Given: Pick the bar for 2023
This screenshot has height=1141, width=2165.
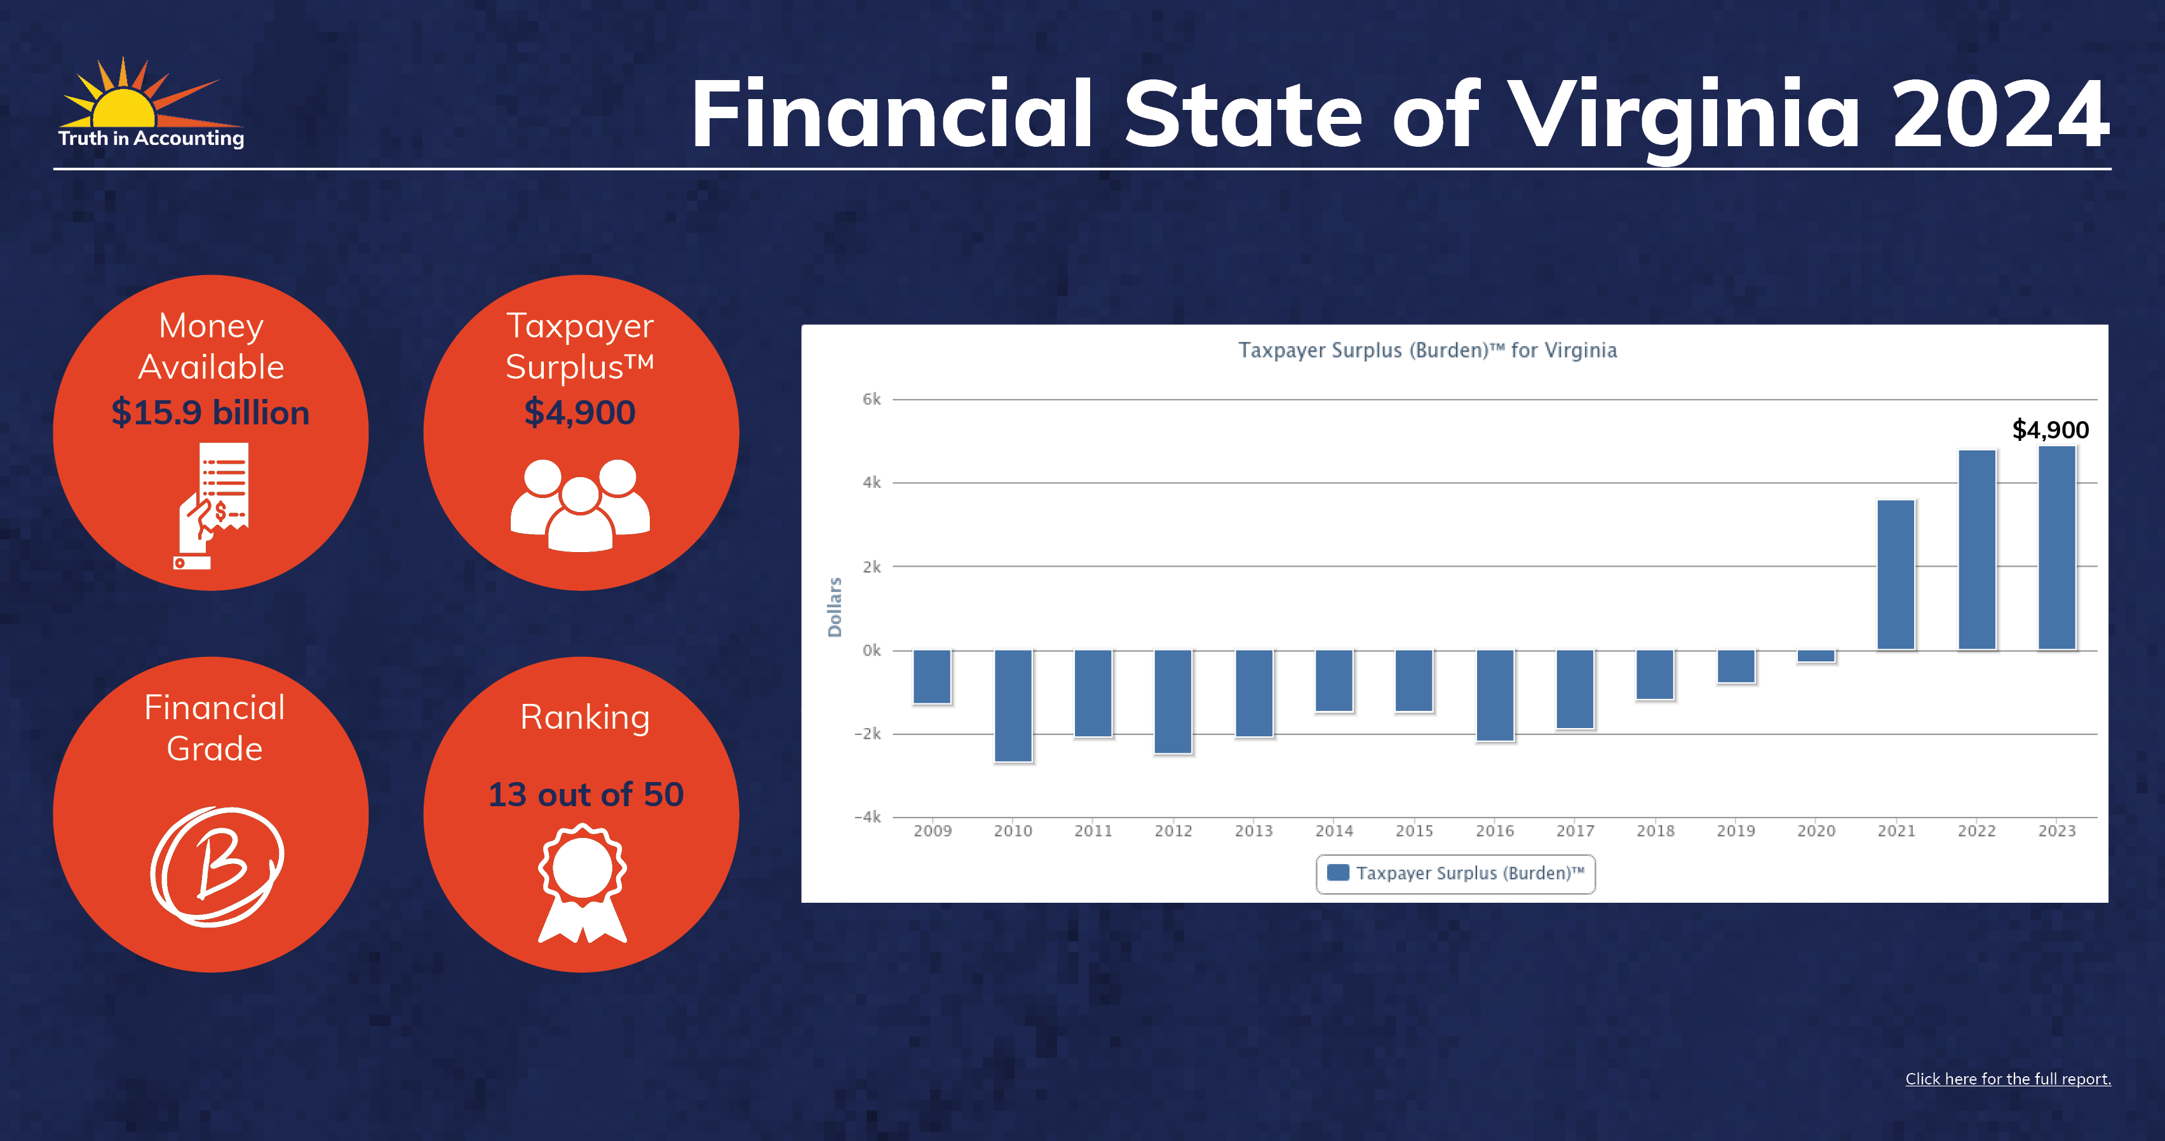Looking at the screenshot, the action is (x=2056, y=548).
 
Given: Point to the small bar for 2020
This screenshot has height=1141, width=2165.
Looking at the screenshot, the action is (x=1816, y=656).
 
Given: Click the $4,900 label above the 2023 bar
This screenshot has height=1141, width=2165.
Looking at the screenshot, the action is (x=2050, y=430).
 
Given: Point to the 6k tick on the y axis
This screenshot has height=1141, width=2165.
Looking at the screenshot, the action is (x=872, y=399).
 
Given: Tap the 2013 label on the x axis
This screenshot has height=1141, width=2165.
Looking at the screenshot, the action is (x=1253, y=831).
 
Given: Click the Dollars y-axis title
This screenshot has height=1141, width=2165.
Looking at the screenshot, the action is (x=835, y=607).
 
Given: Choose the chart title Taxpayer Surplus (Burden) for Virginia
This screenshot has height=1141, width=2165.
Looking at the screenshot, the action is (x=1427, y=350).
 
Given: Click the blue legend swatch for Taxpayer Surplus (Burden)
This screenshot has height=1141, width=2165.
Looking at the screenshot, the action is (x=1338, y=872).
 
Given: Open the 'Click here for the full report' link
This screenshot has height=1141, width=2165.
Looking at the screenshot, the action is (x=2008, y=1079).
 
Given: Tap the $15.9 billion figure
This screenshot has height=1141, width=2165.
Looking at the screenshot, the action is (x=210, y=412).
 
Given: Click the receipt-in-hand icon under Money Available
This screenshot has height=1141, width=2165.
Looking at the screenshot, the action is (x=212, y=506).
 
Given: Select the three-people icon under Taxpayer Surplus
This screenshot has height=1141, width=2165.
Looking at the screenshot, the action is (x=580, y=504).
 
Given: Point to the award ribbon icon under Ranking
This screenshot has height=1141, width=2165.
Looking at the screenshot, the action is (x=583, y=883).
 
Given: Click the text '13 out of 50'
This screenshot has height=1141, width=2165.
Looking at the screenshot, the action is (x=586, y=794).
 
